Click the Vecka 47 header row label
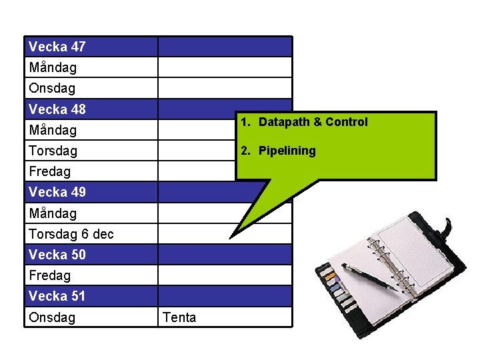click(x=57, y=47)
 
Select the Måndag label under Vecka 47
click(x=53, y=67)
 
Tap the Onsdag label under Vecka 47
click(x=52, y=88)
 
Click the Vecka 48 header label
click(x=57, y=109)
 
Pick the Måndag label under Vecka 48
click(x=53, y=130)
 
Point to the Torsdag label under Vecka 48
click(x=53, y=151)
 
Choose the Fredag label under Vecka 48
click(x=49, y=171)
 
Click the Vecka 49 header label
click(x=57, y=192)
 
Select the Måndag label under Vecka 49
click(x=53, y=213)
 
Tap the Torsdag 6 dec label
click(x=71, y=234)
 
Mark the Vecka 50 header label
click(x=57, y=254)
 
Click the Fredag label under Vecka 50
click(x=49, y=275)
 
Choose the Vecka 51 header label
click(x=57, y=295)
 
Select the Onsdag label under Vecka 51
click(x=52, y=317)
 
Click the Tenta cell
click(x=179, y=317)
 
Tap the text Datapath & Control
click(x=313, y=122)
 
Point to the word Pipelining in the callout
click(x=287, y=151)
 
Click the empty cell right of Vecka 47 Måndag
click(x=224, y=67)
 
